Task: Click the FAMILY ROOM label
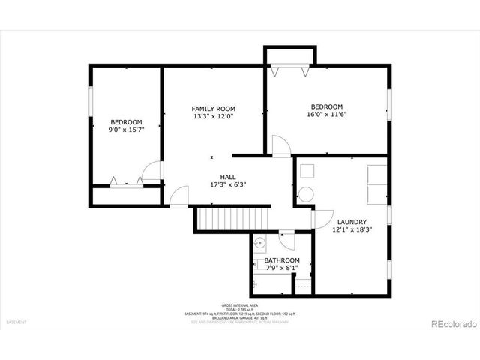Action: tap(213, 109)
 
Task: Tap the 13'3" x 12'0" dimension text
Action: tap(213, 117)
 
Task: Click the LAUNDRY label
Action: tap(352, 222)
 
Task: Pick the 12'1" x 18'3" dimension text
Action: tap(352, 230)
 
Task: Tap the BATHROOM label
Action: tap(281, 260)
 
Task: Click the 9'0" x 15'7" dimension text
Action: tap(126, 130)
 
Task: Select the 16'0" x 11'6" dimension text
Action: tap(326, 114)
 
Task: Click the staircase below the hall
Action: tap(232, 219)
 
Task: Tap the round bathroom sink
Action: tap(259, 243)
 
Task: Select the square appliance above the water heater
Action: tap(307, 170)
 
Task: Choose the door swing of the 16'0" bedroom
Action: tap(280, 146)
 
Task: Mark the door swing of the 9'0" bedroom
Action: tap(153, 172)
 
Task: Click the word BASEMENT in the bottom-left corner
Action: tap(16, 322)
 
